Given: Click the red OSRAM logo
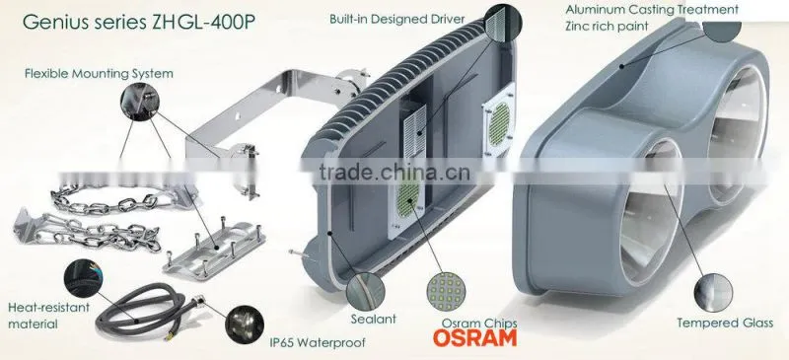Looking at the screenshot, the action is pos(474,338).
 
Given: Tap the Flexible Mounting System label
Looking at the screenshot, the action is pos(99,74).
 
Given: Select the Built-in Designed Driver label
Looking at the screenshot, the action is pos(397,19).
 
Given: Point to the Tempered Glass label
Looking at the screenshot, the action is pos(725,323).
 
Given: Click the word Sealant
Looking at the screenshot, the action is pos(374,319).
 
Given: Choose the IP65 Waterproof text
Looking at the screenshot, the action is pos(317,343).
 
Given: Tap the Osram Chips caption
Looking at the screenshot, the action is pos(479,324).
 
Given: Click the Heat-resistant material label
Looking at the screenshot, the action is pos(48,316).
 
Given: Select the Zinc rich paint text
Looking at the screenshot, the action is pos(607,26).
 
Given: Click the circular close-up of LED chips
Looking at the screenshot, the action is pos(446,291).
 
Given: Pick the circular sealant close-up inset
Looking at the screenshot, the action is pos(366,291).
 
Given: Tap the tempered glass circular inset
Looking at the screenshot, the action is pos(713,292).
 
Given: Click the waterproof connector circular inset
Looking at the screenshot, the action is pos(245,323).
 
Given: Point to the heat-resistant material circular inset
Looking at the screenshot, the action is pos(83,278).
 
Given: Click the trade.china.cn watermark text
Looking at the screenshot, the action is pos(394,173).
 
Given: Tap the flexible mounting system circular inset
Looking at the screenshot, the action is pos(139,102).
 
